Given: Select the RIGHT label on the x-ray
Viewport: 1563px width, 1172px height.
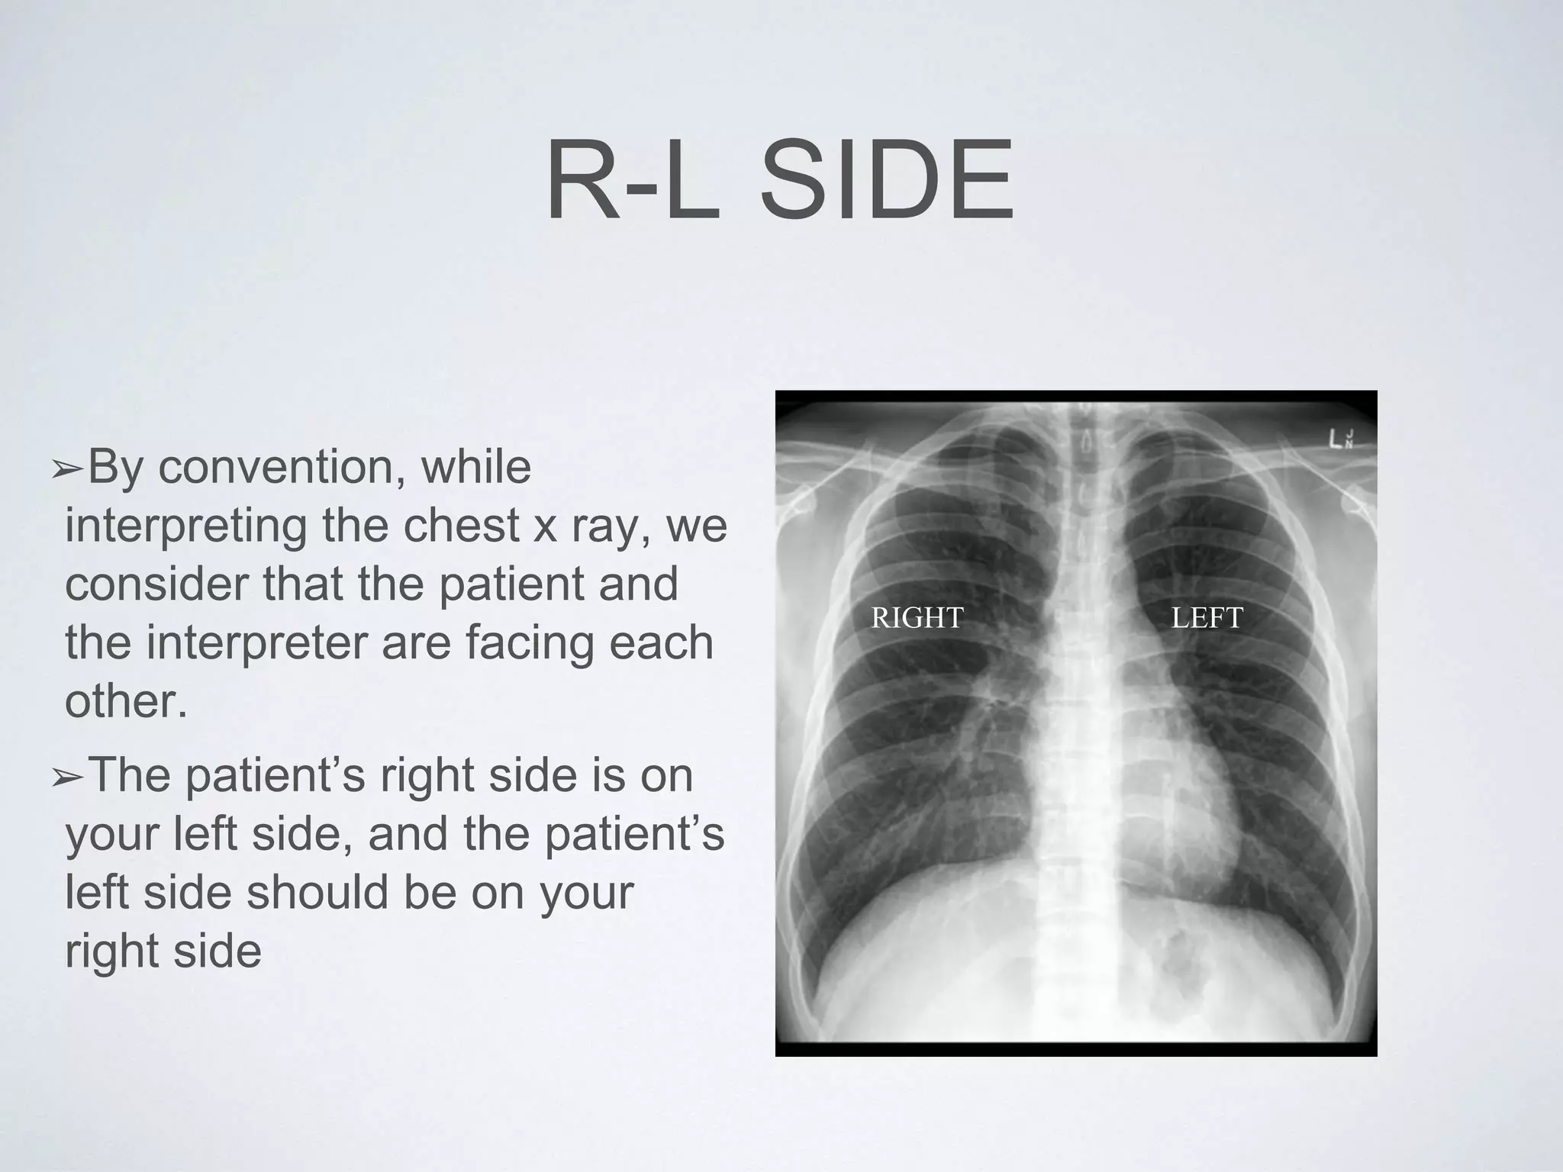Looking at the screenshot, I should tap(917, 617).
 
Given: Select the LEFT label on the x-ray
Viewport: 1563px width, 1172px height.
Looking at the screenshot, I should tap(1207, 617).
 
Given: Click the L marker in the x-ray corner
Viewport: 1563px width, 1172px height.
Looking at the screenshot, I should tap(1335, 440).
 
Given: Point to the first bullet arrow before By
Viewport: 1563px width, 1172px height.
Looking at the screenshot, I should tap(68, 471).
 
